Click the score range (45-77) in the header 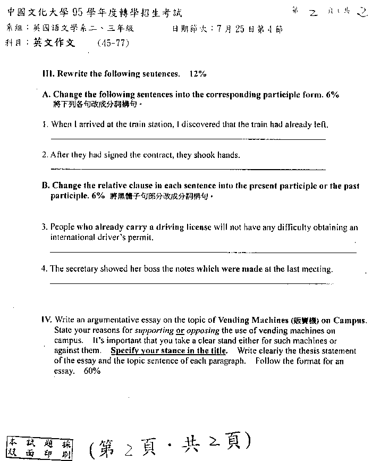coord(113,44)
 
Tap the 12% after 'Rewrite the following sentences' coord(197,73)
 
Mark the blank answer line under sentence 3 coord(202,252)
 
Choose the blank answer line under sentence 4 coord(191,283)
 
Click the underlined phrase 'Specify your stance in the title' coord(168,350)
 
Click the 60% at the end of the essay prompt coord(91,371)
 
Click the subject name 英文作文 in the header coord(54,43)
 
